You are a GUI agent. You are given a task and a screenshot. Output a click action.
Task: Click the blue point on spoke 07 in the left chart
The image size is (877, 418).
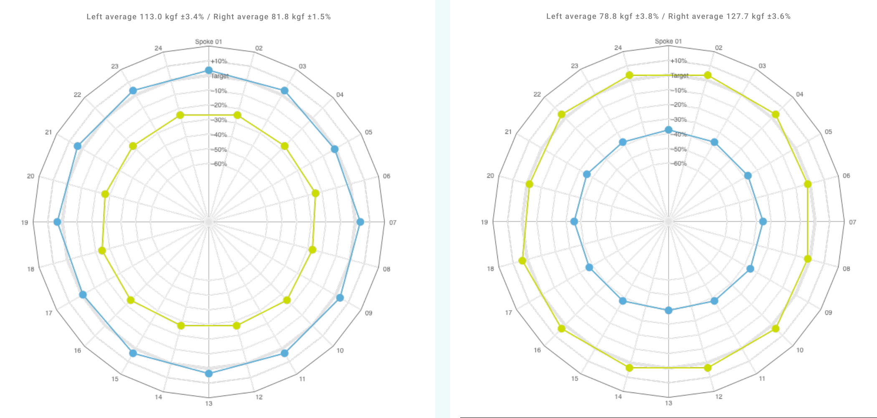pyautogui.click(x=360, y=222)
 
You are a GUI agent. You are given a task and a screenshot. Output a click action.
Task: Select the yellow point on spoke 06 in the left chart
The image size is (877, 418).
pyautogui.click(x=316, y=194)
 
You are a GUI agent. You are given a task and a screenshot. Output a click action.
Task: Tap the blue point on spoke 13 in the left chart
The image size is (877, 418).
pyautogui.click(x=209, y=373)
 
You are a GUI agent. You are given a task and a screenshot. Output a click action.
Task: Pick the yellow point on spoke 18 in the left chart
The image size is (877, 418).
pyautogui.click(x=102, y=251)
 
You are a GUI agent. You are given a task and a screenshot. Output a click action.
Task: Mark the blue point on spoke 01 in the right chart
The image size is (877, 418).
pyautogui.click(x=669, y=130)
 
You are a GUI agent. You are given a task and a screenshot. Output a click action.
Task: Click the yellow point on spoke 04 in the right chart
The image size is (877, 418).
pyautogui.click(x=776, y=115)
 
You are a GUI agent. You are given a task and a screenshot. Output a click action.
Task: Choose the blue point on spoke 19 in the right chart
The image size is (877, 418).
pyautogui.click(x=574, y=222)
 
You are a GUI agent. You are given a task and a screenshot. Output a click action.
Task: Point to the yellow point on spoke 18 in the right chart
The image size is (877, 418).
pyautogui.click(x=522, y=261)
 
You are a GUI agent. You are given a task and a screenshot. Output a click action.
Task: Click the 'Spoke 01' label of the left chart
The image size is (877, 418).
pyautogui.click(x=208, y=42)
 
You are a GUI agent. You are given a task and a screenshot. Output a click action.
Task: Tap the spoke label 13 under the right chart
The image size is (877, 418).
pyautogui.click(x=669, y=403)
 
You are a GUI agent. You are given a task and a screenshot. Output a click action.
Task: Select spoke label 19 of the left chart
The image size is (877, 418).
pyautogui.click(x=25, y=222)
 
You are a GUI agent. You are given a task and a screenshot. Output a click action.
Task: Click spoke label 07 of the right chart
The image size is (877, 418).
pyautogui.click(x=852, y=222)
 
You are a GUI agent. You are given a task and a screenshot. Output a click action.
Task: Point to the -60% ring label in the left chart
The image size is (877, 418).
pyautogui.click(x=220, y=164)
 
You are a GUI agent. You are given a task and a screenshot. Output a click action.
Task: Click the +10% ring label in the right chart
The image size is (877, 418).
pyautogui.click(x=679, y=61)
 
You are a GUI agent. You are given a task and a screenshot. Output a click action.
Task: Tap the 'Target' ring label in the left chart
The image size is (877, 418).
pyautogui.click(x=220, y=76)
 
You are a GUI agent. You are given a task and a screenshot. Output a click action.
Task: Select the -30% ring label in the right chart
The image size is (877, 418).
pyautogui.click(x=679, y=120)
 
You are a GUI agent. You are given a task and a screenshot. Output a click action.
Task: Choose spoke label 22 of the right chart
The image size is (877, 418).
pyautogui.click(x=537, y=94)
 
